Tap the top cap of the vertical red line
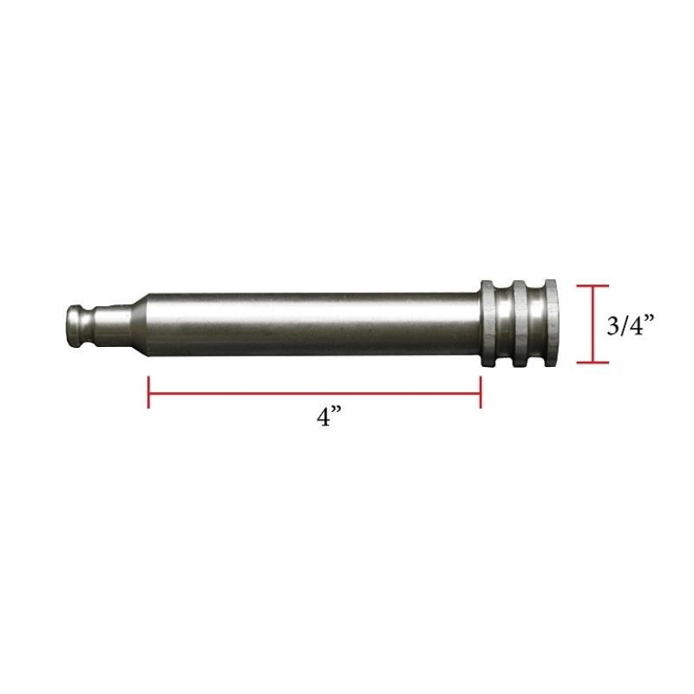[593, 285]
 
